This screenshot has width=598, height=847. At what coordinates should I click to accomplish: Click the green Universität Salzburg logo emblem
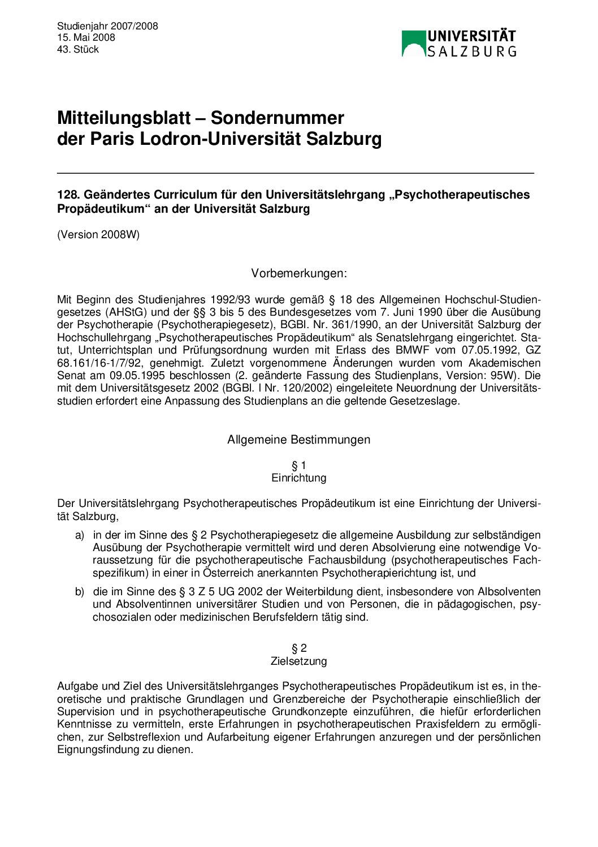pyautogui.click(x=413, y=44)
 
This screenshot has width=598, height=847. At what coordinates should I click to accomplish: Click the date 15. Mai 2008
pyautogui.click(x=86, y=37)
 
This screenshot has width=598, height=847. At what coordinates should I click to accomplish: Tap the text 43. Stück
pyautogui.click(x=78, y=49)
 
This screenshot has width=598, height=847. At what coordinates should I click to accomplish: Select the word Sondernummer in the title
pyautogui.click(x=277, y=118)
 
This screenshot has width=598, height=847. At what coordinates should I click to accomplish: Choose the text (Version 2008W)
pyautogui.click(x=98, y=234)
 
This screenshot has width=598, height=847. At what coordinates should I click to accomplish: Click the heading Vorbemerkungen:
pyautogui.click(x=299, y=273)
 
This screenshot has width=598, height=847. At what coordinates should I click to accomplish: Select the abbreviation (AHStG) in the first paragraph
pyautogui.click(x=124, y=312)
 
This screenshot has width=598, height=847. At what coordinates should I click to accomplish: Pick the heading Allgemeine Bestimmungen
pyautogui.click(x=299, y=440)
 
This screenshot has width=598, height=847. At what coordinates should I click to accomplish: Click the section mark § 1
pyautogui.click(x=299, y=465)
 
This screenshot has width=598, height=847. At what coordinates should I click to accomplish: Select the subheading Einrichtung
pyautogui.click(x=299, y=478)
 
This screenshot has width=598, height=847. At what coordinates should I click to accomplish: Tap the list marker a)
pyautogui.click(x=80, y=535)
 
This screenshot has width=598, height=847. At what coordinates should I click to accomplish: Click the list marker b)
pyautogui.click(x=80, y=591)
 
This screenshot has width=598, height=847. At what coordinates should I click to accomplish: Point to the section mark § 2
pyautogui.click(x=299, y=648)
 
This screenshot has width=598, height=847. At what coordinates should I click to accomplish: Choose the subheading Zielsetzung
pyautogui.click(x=299, y=661)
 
